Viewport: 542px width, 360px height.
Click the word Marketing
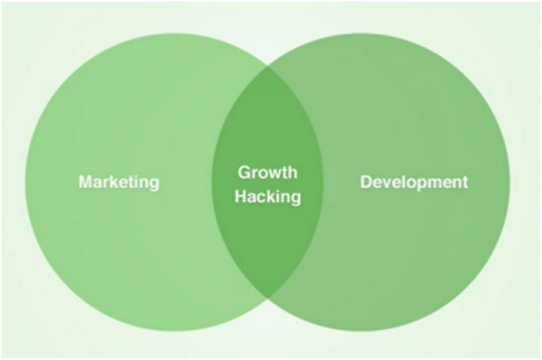pyautogui.click(x=118, y=182)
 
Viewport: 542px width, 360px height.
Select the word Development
pyautogui.click(x=414, y=182)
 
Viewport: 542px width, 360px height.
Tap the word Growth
pyautogui.click(x=268, y=172)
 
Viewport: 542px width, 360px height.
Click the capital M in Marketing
pyautogui.click(x=85, y=182)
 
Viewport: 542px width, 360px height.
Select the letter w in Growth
pyautogui.click(x=274, y=172)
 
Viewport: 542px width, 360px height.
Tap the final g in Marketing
pyautogui.click(x=154, y=184)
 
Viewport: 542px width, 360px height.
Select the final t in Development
pyautogui.click(x=466, y=182)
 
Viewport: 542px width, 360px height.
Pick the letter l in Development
pyautogui.click(x=403, y=182)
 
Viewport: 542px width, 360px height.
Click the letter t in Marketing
pyautogui.click(x=128, y=182)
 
